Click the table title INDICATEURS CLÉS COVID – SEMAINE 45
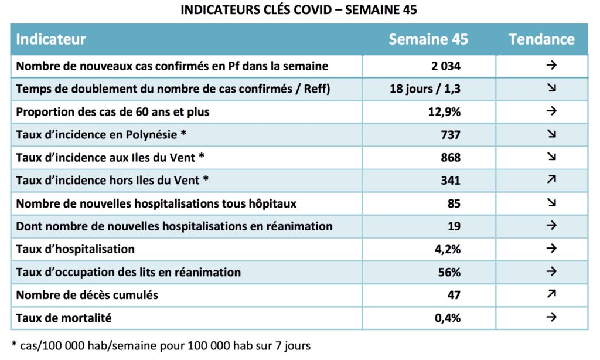coord(298,9)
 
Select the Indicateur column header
coord(51,39)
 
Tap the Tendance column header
coord(541,39)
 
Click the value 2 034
coord(446,66)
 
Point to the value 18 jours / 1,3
coord(425,89)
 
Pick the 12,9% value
coord(444,112)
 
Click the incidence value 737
coord(451,135)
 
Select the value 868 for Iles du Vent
coord(451,157)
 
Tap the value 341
coord(451,181)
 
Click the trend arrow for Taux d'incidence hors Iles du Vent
coord(551,179)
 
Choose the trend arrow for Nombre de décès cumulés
coord(551,294)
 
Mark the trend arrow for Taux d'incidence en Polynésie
coord(551,134)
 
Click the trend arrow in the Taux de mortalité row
coord(551,317)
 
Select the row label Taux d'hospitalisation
coord(76,249)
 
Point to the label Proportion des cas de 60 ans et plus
coord(113,112)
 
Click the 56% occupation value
coord(449,272)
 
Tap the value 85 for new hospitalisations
coord(454,203)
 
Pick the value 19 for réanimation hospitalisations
coord(454,226)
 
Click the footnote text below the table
coord(161,346)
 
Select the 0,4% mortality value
coord(448,318)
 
